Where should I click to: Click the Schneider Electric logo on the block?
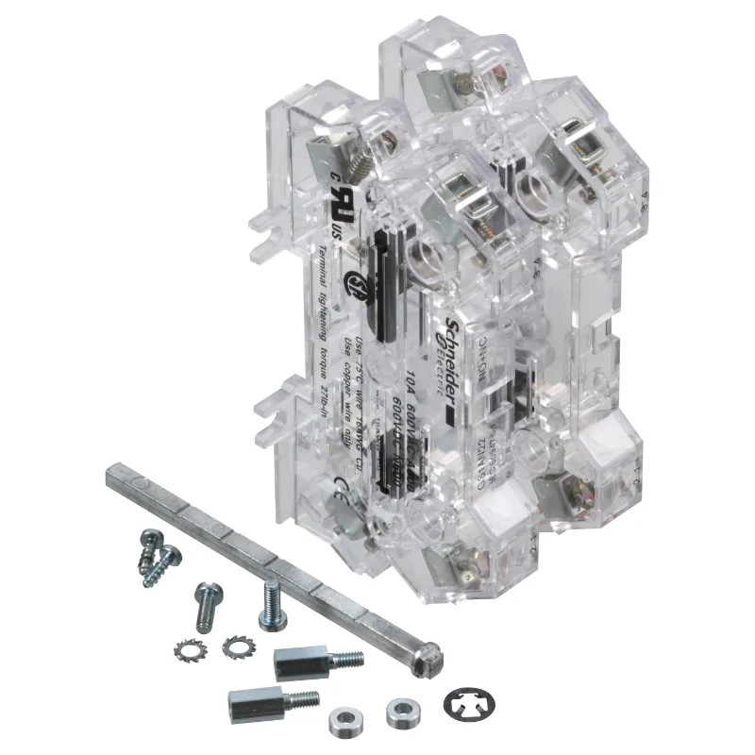pos(450,344)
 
